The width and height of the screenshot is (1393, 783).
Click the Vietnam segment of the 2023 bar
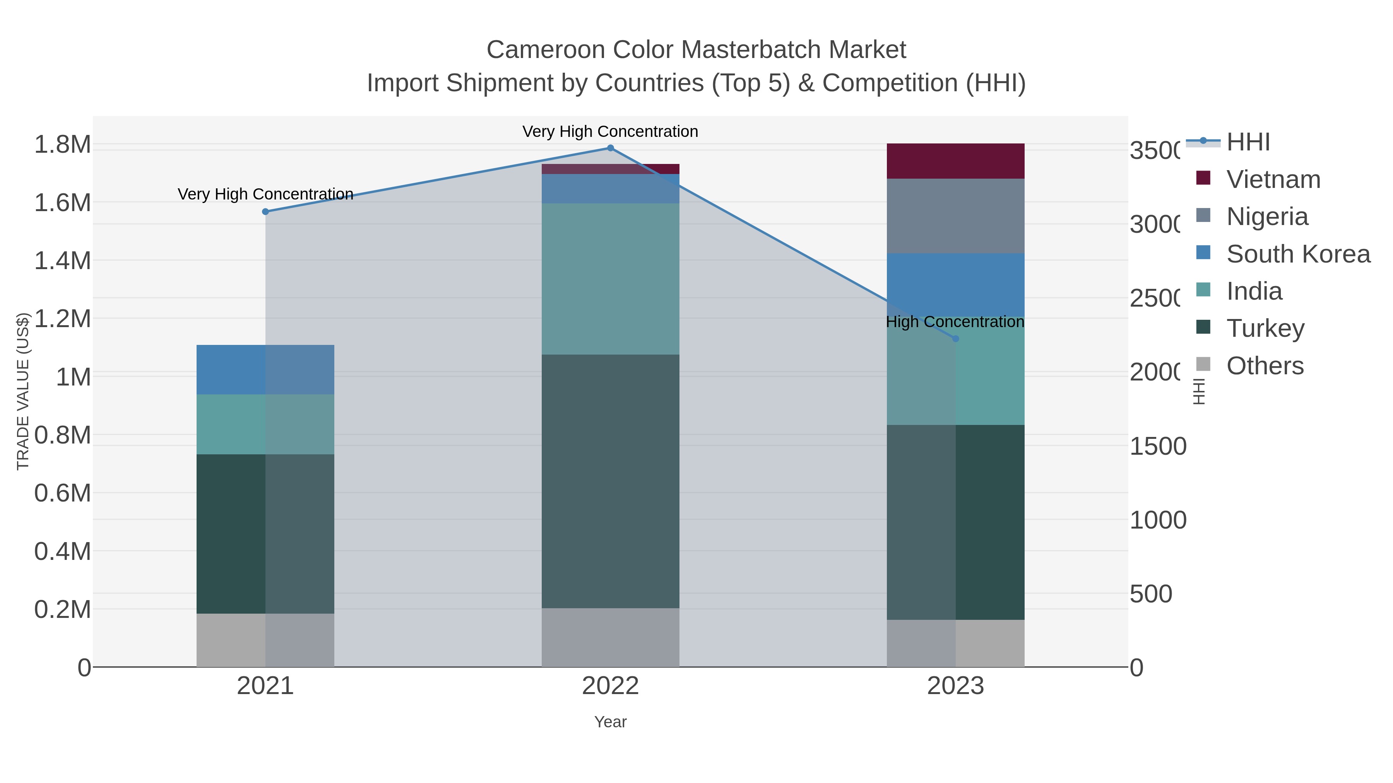[x=955, y=161]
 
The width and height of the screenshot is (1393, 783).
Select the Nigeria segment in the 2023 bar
[x=955, y=216]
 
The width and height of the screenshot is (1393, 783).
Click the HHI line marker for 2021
[x=265, y=212]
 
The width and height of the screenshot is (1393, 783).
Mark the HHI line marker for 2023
[x=955, y=339]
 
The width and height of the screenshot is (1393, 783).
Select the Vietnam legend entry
[x=1273, y=179]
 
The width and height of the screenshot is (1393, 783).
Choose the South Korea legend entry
[x=1298, y=254]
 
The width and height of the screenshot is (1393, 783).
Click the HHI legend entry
[x=1248, y=142]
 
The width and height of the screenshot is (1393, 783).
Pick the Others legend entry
[x=1264, y=366]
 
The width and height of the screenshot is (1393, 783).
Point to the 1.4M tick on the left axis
[x=62, y=261]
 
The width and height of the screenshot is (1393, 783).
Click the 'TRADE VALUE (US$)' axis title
[x=23, y=391]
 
